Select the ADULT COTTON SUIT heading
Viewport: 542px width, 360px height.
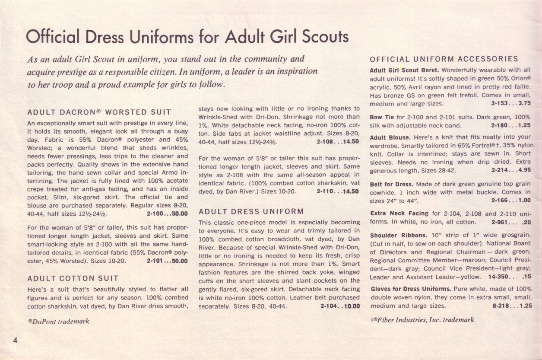click(x=73, y=278)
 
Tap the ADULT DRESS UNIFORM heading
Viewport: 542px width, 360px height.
click(x=251, y=212)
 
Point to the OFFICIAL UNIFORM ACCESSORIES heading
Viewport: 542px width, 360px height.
click(x=444, y=59)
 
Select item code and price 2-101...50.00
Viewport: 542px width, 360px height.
click(x=167, y=261)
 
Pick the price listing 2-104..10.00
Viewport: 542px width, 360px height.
click(x=340, y=306)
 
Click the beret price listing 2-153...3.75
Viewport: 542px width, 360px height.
click(x=511, y=103)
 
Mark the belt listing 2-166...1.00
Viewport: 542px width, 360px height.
click(x=511, y=200)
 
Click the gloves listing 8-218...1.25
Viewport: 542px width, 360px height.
click(x=511, y=306)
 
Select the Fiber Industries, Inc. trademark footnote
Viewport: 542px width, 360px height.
click(x=422, y=320)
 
